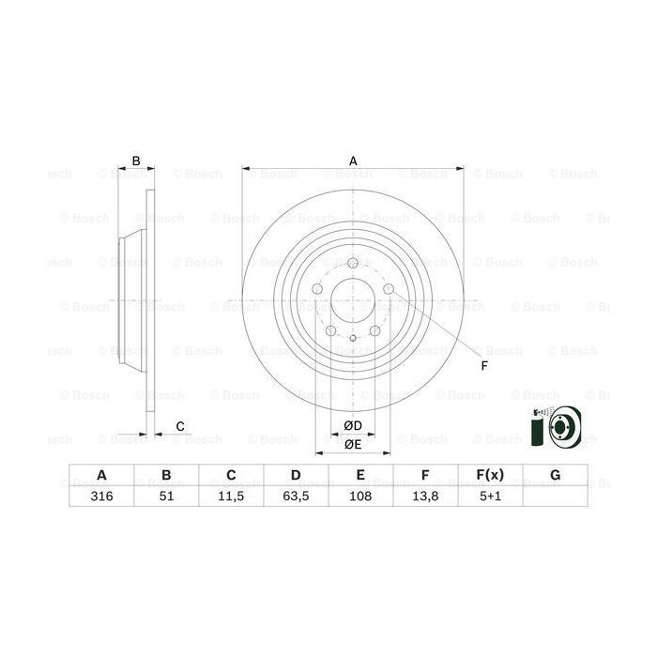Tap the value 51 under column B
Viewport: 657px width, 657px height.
coord(167,497)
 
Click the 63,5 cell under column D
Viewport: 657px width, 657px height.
coord(297,497)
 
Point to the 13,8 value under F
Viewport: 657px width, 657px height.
coord(425,497)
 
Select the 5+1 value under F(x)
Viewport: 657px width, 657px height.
coord(490,497)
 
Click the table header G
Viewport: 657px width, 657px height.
coord(555,476)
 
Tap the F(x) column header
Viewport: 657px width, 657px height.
coord(490,476)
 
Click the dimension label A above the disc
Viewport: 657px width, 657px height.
coord(353,161)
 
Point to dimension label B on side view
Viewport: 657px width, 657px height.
coord(136,161)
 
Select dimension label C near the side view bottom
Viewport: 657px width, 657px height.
coord(180,428)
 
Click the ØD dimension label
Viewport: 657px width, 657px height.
coord(353,426)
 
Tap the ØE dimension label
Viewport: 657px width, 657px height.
coord(353,444)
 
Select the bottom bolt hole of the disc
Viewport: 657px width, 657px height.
coord(353,339)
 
